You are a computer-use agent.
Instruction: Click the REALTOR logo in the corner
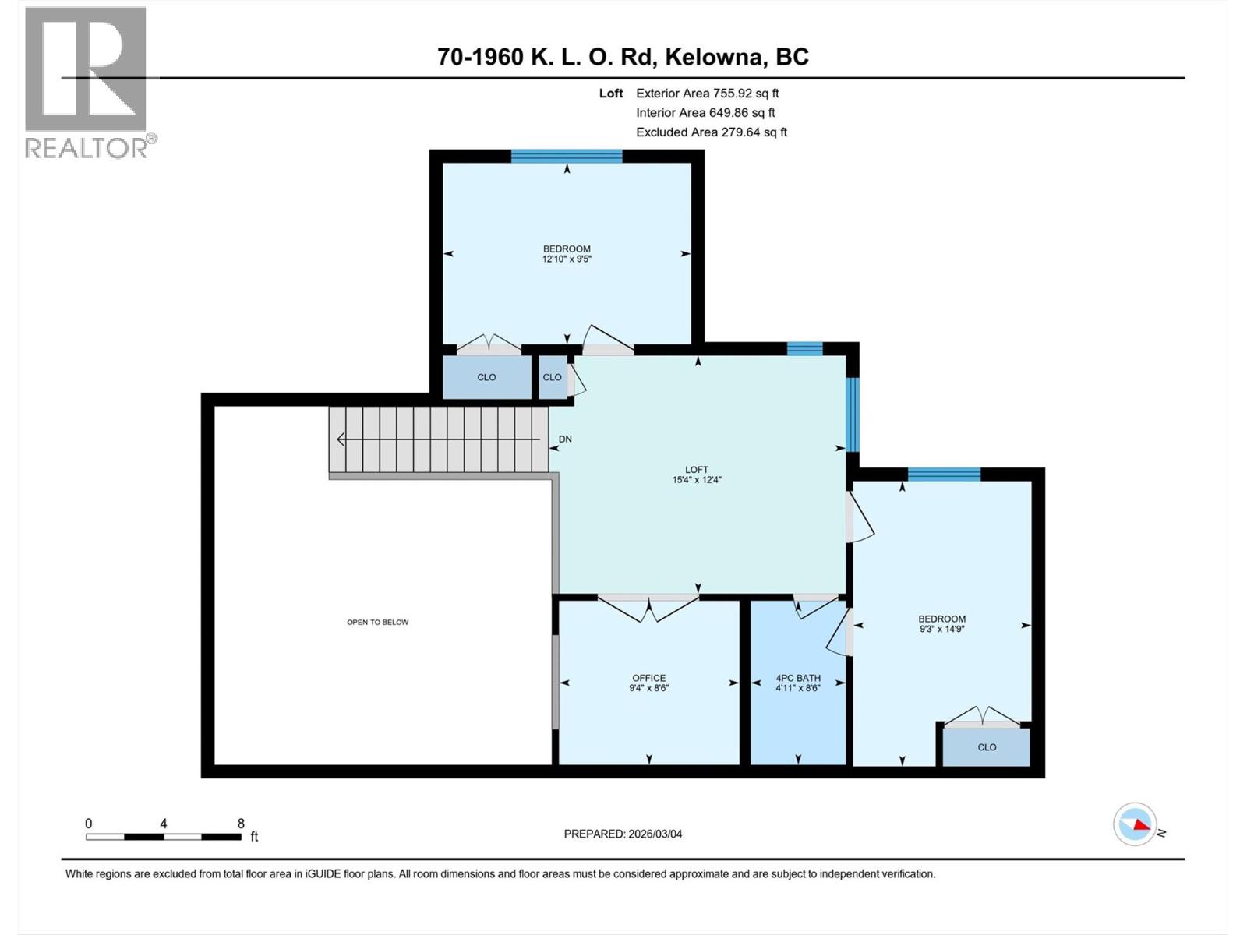pos(87,82)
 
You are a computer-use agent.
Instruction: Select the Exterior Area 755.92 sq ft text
pos(707,93)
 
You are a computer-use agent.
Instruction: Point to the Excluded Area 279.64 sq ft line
pos(711,132)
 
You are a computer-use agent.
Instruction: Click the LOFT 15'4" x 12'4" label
pos(697,475)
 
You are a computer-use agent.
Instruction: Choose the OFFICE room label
pos(648,678)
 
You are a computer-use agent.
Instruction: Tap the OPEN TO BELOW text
pos(377,622)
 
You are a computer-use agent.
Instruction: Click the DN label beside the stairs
pos(565,439)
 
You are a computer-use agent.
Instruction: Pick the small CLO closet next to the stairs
pos(552,377)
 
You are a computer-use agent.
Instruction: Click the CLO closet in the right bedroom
pos(987,746)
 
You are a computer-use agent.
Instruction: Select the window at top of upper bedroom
pos(567,156)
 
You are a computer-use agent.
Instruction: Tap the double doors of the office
pos(648,608)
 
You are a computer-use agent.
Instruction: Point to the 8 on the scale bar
pos(241,824)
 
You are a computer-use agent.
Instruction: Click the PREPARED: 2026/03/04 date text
pos(623,834)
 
